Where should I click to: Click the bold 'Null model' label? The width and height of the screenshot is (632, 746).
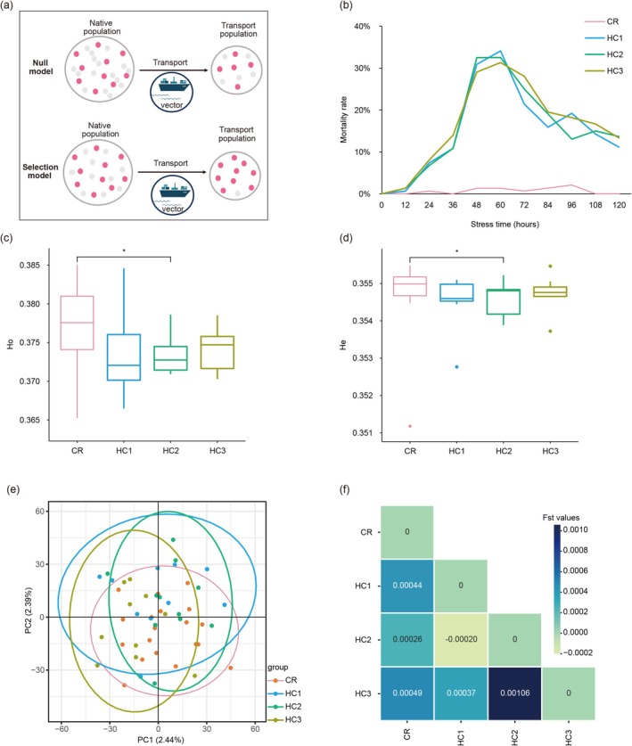42,67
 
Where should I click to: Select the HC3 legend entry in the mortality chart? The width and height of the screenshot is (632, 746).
604,71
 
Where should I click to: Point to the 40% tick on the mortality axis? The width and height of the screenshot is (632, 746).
362,27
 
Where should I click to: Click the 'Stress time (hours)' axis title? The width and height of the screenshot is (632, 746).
505,224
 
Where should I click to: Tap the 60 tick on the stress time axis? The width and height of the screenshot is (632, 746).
500,205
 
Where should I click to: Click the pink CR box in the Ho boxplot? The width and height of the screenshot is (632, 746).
77,323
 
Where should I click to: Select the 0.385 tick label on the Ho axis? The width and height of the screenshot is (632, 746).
29,265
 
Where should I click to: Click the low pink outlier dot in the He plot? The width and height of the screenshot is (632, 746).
410,426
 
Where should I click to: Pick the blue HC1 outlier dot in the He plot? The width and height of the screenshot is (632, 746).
457,367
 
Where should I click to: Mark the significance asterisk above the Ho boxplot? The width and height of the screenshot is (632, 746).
124,250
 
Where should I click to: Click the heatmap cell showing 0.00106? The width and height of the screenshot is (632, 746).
515,693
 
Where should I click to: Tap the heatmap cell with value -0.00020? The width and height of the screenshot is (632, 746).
461,639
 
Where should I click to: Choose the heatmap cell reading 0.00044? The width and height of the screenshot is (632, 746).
406,586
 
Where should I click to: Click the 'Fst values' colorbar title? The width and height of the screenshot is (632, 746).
561,518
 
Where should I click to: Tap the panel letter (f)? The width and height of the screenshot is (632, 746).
346,489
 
